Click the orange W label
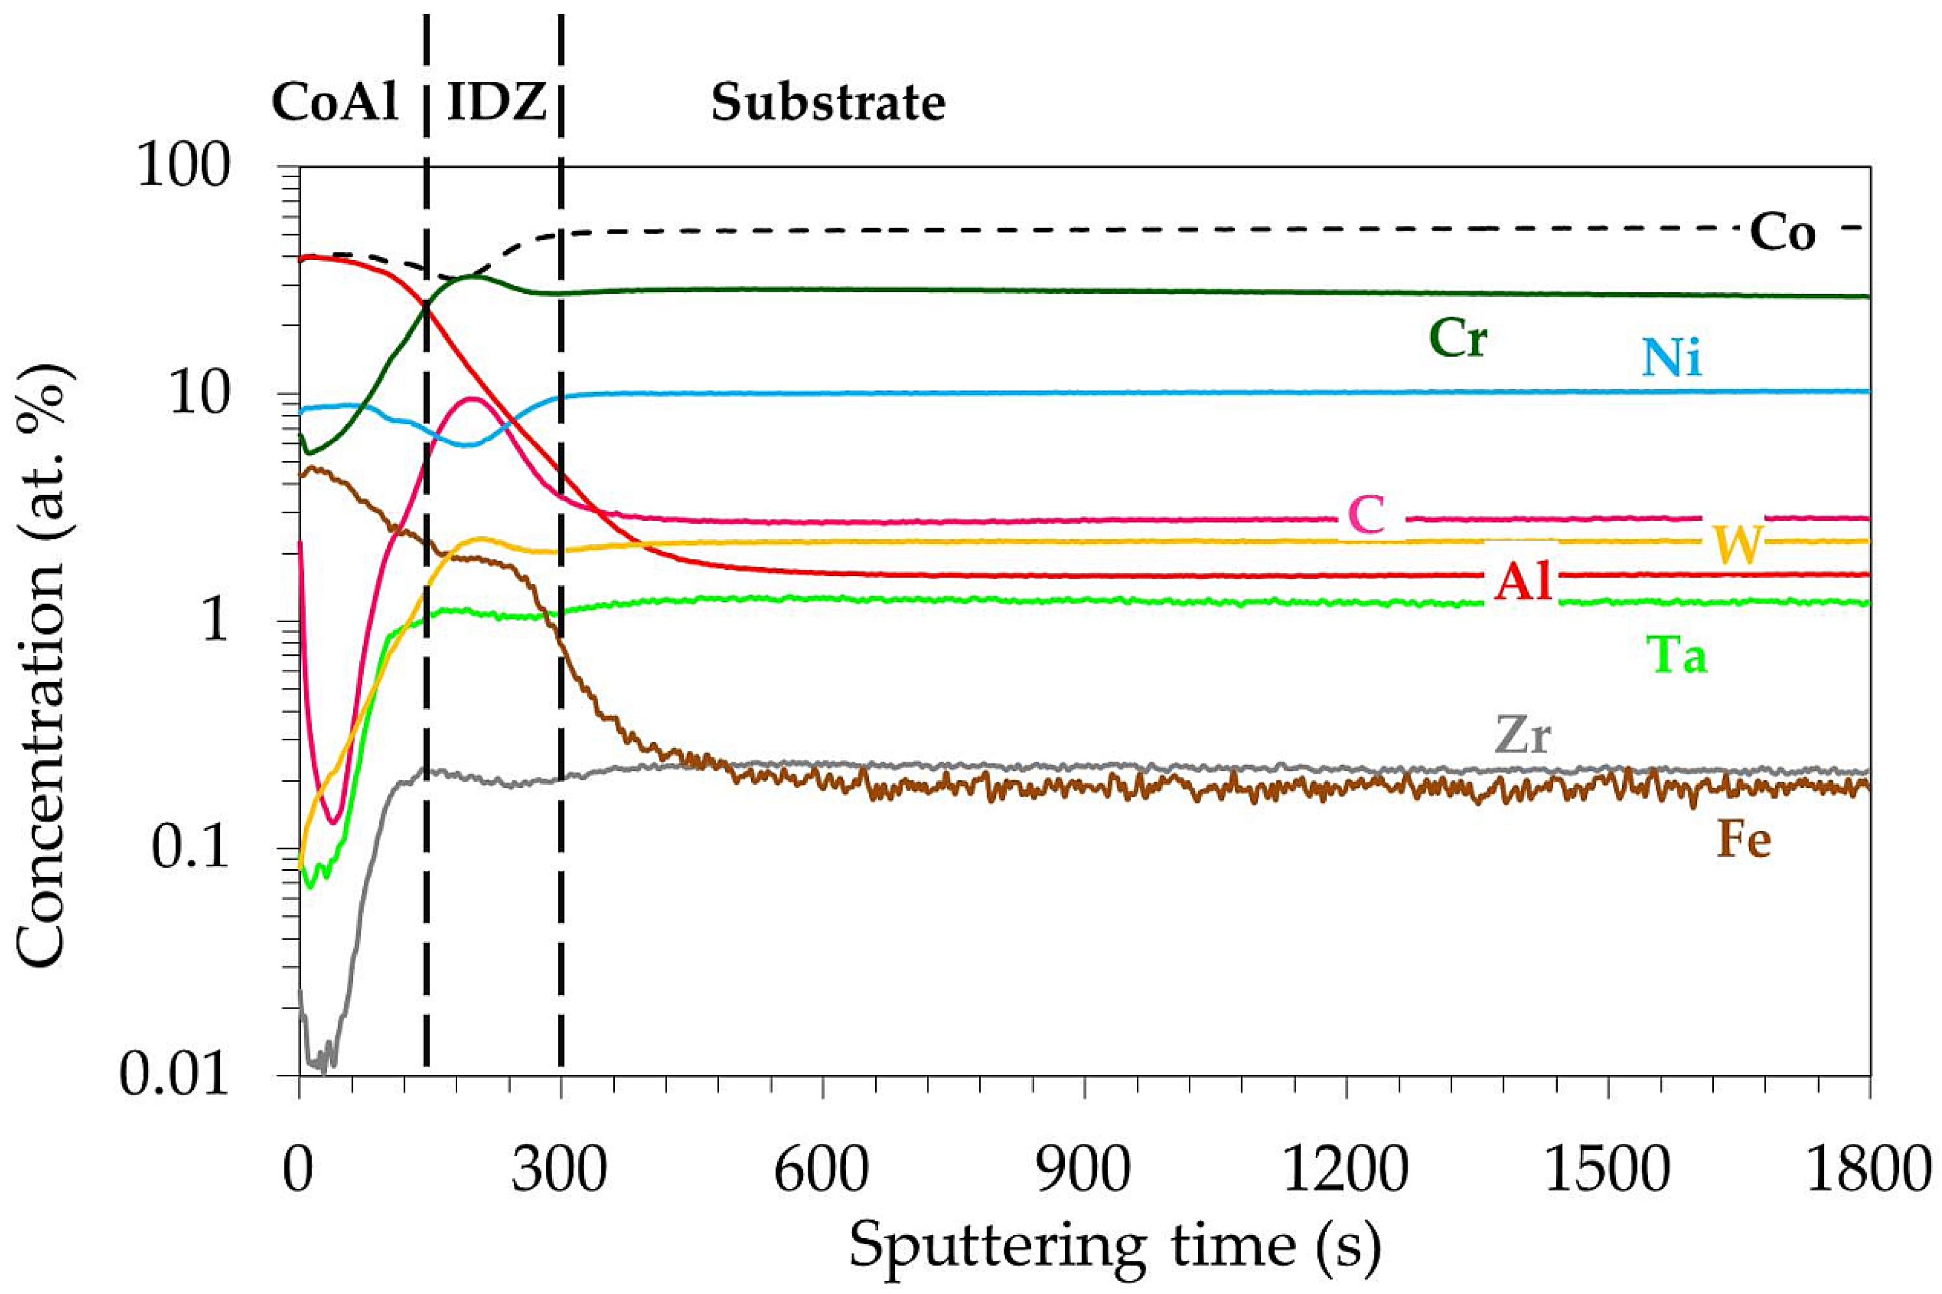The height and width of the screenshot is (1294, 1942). [x=1739, y=544]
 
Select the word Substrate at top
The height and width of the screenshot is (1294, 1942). [x=828, y=105]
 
